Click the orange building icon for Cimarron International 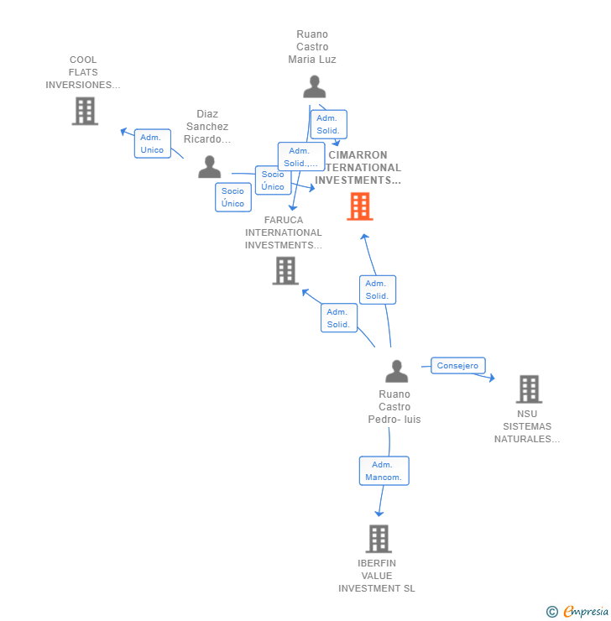[x=360, y=206]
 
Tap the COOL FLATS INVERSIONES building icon [x=85, y=111]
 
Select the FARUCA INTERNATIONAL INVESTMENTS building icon [x=285, y=270]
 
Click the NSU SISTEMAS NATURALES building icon [x=529, y=389]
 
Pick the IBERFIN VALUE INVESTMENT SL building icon [x=379, y=539]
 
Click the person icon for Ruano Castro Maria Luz [x=314, y=87]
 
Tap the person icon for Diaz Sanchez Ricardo [x=209, y=167]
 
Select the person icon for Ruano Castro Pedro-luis [x=396, y=371]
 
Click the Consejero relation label [x=458, y=366]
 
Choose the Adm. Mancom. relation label [x=384, y=471]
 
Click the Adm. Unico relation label [x=152, y=144]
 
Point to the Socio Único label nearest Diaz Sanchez [x=232, y=197]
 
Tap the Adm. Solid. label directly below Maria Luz [x=328, y=124]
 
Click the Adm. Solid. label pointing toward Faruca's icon [x=338, y=318]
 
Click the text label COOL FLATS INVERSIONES [x=83, y=72]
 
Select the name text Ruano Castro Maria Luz [x=312, y=47]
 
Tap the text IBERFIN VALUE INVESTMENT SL [x=377, y=576]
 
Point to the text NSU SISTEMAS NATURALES [x=527, y=426]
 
